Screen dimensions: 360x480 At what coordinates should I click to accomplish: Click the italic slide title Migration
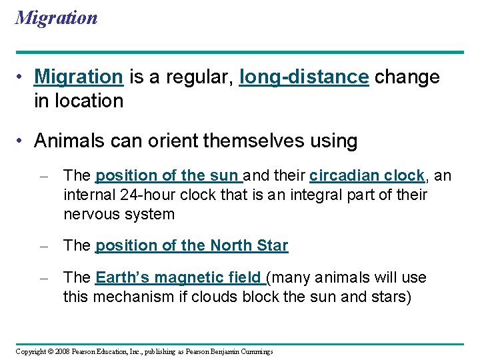(x=56, y=17)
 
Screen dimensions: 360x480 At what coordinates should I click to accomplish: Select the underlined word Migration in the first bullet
(x=78, y=77)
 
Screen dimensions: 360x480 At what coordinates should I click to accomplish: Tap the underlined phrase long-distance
(x=303, y=77)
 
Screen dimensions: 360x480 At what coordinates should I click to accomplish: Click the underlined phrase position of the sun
(x=168, y=176)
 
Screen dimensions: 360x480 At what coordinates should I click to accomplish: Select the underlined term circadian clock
(x=367, y=176)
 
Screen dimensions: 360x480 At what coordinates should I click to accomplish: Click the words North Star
(x=249, y=246)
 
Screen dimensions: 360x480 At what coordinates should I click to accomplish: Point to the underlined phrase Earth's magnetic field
(x=179, y=277)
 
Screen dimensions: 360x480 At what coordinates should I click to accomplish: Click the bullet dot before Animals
(x=23, y=141)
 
